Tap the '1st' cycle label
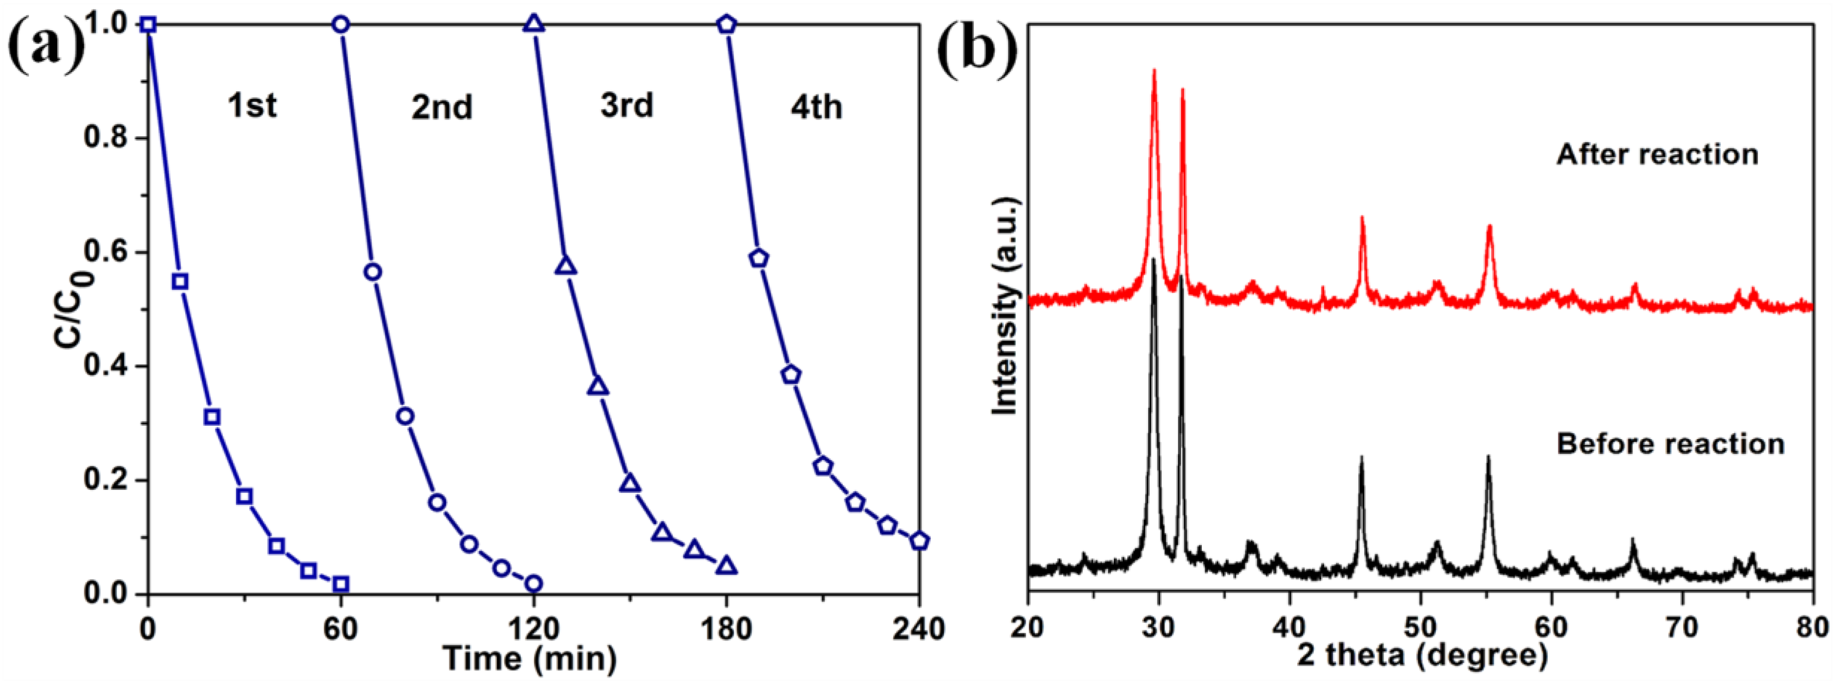point(252,106)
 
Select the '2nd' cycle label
point(441,107)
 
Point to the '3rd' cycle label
point(626,106)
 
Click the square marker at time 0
point(147,25)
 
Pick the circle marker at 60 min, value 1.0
point(341,25)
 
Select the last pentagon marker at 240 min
point(920,541)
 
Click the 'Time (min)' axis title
point(529,658)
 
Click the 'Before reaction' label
point(1670,444)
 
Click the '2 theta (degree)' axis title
point(1421,655)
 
